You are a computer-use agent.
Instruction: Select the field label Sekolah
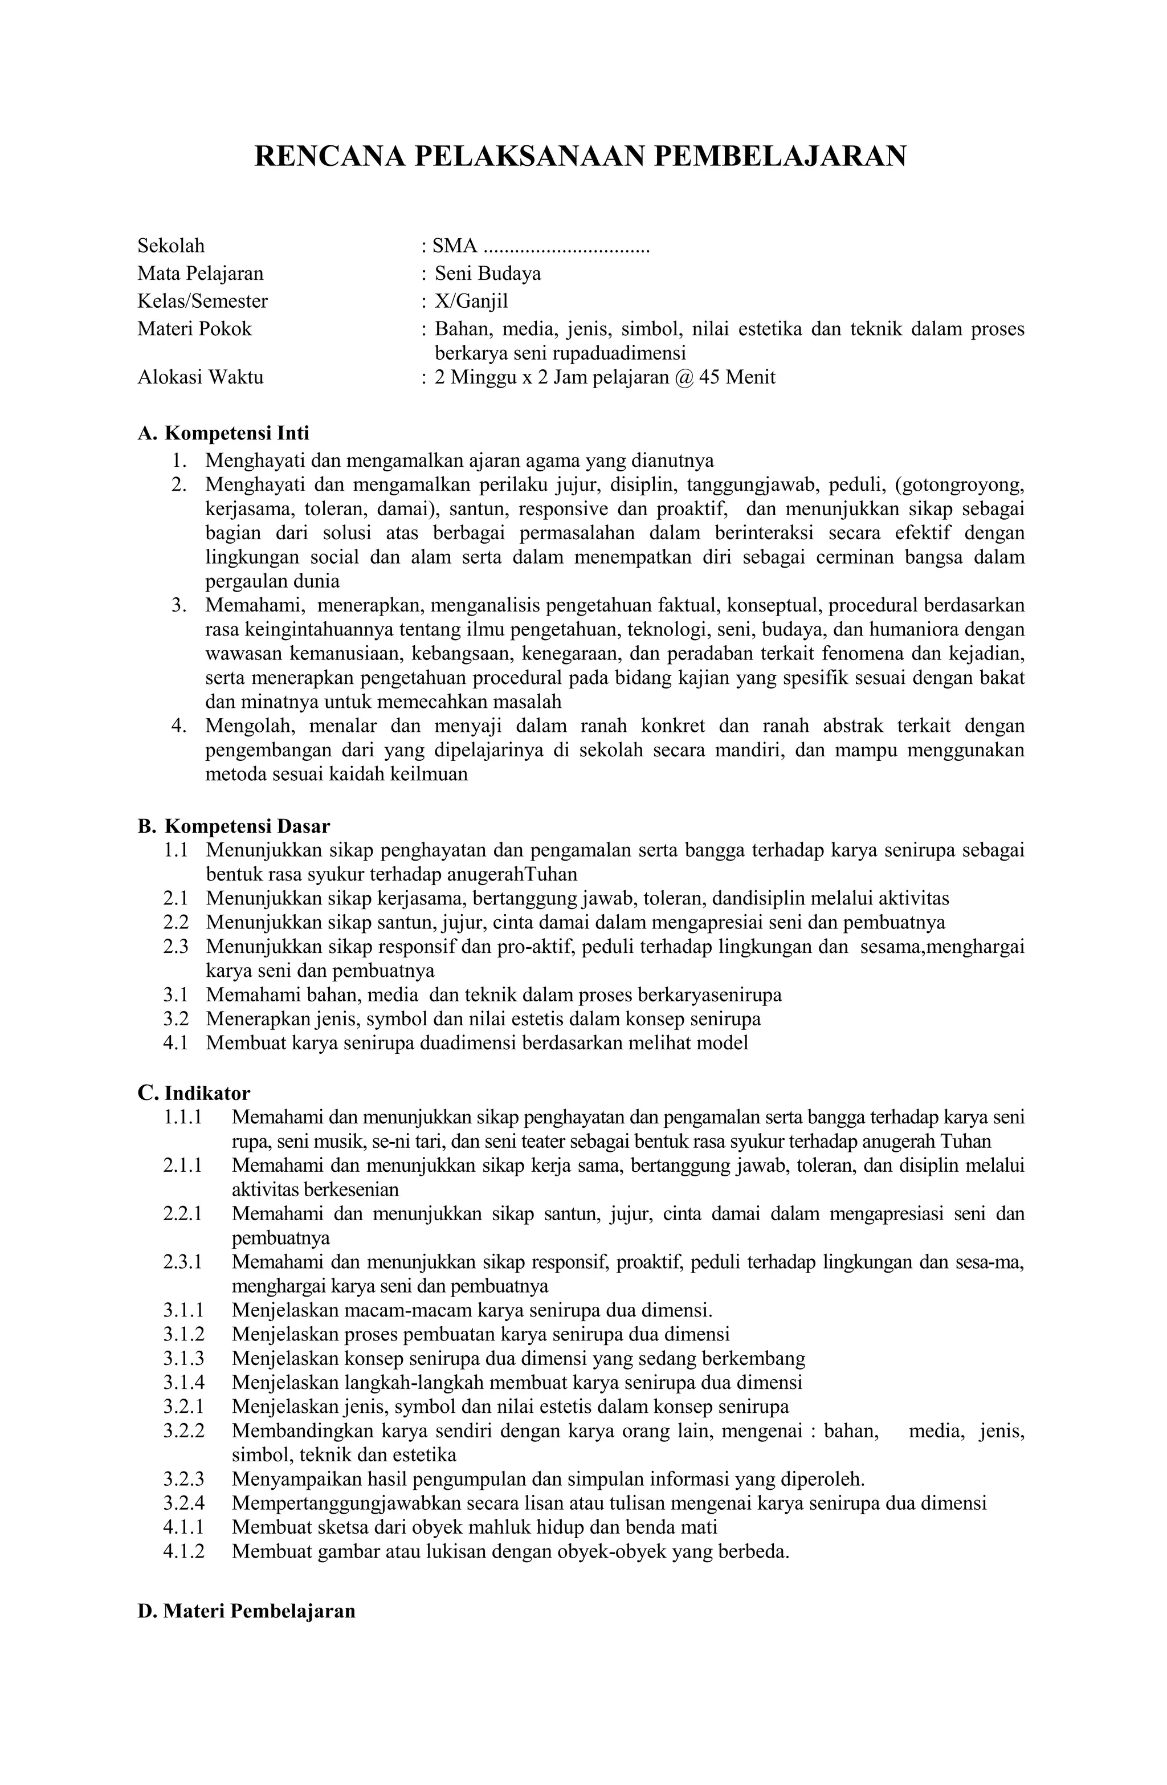[x=171, y=246]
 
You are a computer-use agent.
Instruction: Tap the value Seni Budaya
[x=488, y=274]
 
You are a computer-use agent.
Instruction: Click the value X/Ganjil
[x=471, y=301]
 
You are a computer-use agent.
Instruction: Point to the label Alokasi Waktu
[x=200, y=377]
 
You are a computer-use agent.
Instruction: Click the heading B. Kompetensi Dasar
[x=233, y=826]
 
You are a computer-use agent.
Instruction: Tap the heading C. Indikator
[x=194, y=1093]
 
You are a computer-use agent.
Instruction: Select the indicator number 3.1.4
[x=183, y=1382]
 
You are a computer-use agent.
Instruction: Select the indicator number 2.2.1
[x=182, y=1213]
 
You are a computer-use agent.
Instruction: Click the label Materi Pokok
[x=194, y=329]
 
